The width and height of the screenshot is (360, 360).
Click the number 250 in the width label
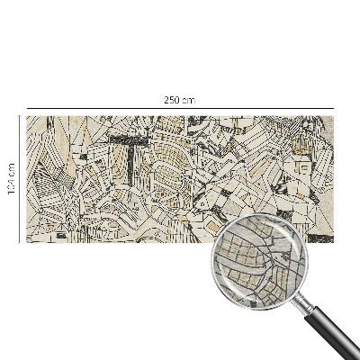pyautogui.click(x=171, y=100)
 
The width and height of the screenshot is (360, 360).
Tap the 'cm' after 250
pyautogui.click(x=188, y=100)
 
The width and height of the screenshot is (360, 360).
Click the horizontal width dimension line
pyautogui.click(x=108, y=107)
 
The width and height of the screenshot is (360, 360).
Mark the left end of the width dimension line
pyautogui.click(x=26, y=107)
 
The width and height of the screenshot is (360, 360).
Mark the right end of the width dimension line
pyautogui.click(x=333, y=107)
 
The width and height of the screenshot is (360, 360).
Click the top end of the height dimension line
pyautogui.click(x=19, y=115)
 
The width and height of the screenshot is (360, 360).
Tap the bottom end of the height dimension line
pyautogui.click(x=19, y=242)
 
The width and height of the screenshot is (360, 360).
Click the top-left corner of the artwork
pyautogui.click(x=26, y=115)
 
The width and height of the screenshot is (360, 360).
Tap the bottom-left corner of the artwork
pyautogui.click(x=26, y=242)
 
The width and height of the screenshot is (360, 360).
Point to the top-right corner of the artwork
pyautogui.click(x=333, y=115)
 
